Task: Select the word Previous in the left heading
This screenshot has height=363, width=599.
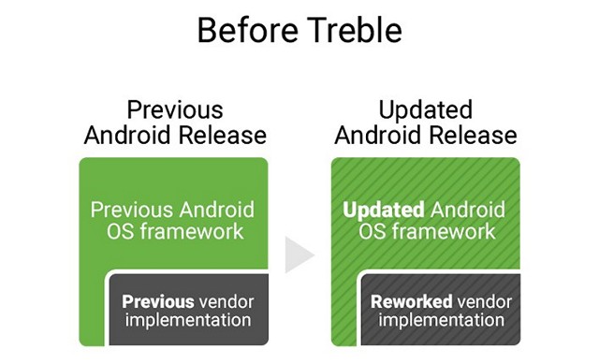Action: click(174, 109)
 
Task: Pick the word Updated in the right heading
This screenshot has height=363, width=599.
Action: click(426, 109)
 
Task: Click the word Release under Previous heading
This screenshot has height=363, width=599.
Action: click(222, 135)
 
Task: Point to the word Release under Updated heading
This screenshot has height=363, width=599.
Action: click(473, 135)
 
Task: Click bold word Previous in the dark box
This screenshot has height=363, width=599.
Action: click(157, 302)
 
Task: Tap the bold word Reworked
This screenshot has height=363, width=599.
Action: click(411, 302)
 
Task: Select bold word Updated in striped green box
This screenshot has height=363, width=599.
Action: click(382, 209)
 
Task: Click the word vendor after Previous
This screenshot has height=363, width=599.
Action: click(225, 302)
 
